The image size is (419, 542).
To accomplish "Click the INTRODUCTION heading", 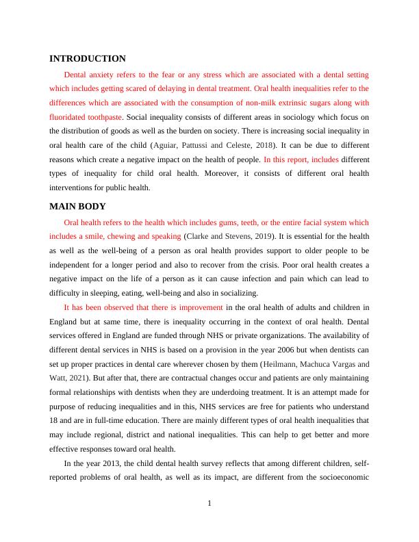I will click(x=87, y=59).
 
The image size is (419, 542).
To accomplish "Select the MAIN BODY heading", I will click(x=77, y=207).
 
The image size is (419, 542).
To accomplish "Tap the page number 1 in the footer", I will click(x=209, y=504).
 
